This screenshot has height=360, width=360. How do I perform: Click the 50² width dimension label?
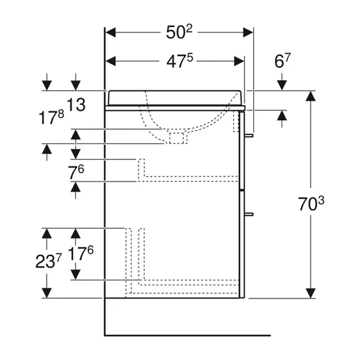(180, 33)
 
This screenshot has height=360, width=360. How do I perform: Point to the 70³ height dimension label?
(311, 204)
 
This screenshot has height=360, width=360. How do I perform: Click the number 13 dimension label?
(76, 105)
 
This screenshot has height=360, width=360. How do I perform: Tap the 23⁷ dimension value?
(48, 261)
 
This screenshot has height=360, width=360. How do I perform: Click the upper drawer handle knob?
(251, 136)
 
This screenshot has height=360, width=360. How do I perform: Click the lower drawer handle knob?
(251, 213)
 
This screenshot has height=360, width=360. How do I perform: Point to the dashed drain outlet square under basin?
(177, 139)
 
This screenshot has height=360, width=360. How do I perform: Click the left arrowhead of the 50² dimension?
(109, 33)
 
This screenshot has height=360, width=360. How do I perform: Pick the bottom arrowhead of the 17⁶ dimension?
(76, 275)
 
